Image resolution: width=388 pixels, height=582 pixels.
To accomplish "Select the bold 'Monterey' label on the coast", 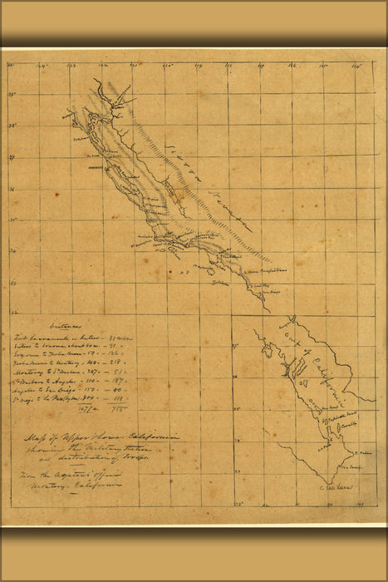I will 101,166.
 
